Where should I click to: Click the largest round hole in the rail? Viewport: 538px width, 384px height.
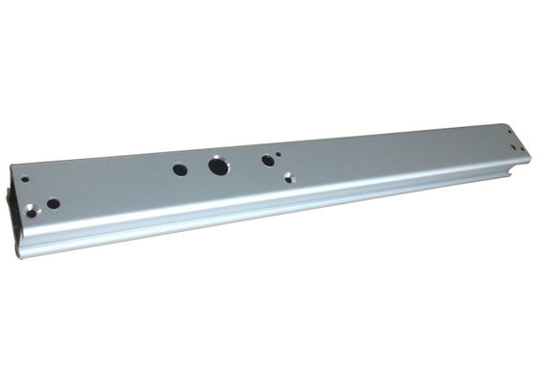point(219,166)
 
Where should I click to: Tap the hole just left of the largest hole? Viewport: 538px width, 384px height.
point(181,169)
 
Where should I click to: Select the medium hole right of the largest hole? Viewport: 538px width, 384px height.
point(267,160)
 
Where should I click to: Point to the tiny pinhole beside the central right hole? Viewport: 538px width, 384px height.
point(279,152)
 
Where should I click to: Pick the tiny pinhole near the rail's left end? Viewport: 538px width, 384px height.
point(25,179)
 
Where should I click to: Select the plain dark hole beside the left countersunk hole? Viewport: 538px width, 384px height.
point(54,203)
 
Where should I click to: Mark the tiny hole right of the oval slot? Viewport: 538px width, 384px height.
point(523,149)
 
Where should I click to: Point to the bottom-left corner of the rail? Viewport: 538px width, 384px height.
point(17,254)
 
